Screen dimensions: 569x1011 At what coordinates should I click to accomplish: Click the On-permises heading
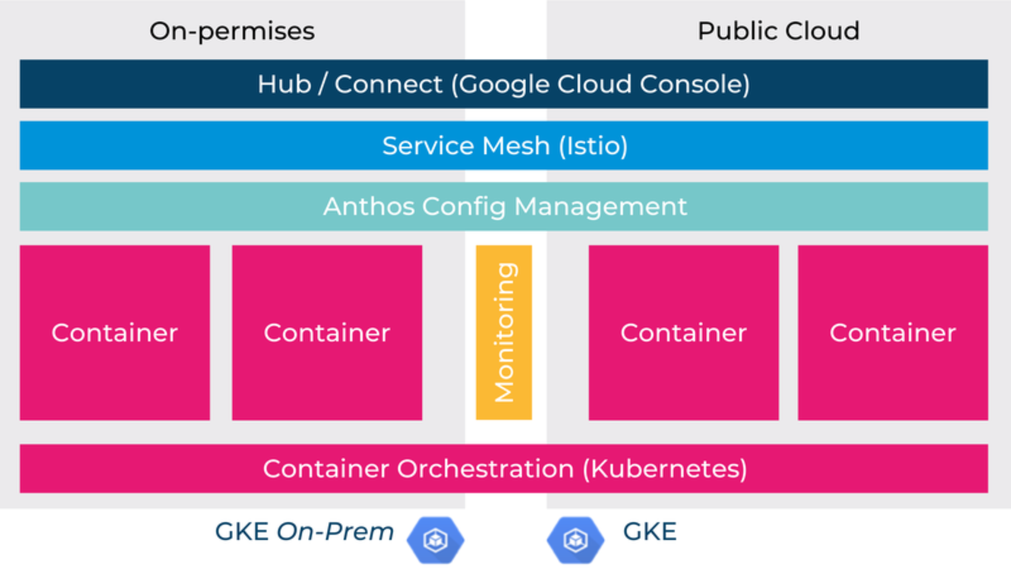(232, 31)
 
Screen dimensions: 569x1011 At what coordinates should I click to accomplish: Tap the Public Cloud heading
(778, 31)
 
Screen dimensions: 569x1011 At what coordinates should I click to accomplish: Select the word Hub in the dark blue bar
(284, 84)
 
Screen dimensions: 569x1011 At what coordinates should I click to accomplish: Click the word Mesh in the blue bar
(516, 146)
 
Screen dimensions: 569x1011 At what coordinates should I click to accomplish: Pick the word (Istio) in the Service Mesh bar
(593, 146)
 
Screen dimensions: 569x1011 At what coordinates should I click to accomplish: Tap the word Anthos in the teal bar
(369, 207)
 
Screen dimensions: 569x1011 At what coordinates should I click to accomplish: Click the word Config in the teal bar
(464, 207)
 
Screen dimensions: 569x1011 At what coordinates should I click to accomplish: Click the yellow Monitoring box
(504, 332)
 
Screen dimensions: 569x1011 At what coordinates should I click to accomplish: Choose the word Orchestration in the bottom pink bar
(485, 469)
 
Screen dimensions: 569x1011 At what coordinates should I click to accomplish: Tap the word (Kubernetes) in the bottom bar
(665, 469)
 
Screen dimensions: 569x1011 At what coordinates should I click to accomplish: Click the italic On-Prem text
(335, 532)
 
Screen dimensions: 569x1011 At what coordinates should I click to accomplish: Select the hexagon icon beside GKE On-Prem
(435, 540)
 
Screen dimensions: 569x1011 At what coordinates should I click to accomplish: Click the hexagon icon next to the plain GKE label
(575, 540)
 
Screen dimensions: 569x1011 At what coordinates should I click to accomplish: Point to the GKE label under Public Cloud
(650, 532)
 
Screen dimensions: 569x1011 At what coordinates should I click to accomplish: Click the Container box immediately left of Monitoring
(327, 332)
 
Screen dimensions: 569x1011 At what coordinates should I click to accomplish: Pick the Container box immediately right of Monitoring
(683, 332)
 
